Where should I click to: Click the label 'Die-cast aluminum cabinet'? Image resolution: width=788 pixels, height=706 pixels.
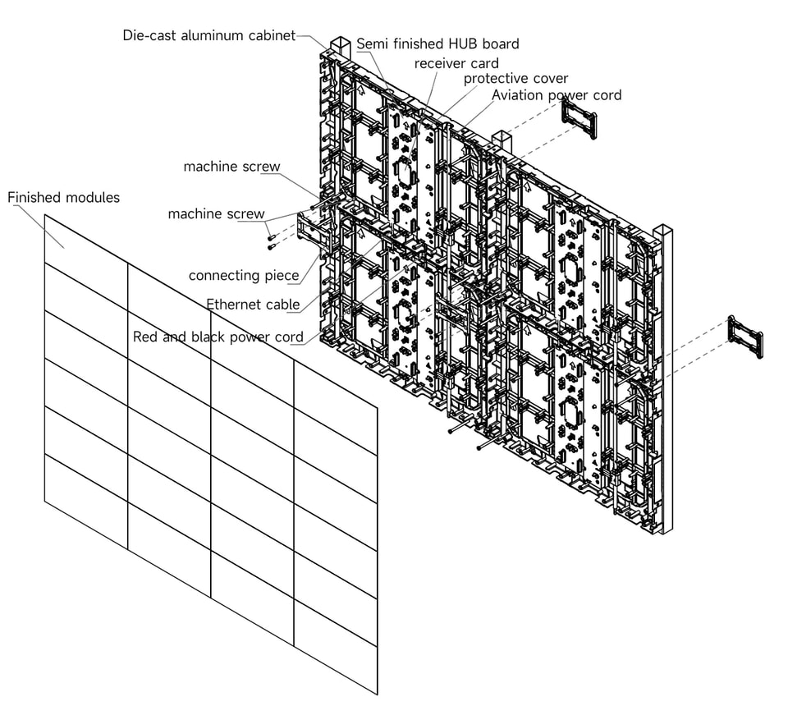(x=209, y=35)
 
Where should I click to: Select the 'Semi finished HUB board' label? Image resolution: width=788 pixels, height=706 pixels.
(x=438, y=44)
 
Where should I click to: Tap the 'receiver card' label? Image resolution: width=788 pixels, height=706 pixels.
(x=456, y=64)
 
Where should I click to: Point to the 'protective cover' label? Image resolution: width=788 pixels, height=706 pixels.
(x=515, y=79)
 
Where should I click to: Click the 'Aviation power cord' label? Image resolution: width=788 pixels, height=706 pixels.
(x=557, y=95)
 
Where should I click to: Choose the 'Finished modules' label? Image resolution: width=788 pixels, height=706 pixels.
(x=64, y=198)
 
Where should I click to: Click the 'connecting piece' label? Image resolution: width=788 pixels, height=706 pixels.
(x=244, y=276)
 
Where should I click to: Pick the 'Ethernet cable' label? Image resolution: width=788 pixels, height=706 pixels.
(x=253, y=305)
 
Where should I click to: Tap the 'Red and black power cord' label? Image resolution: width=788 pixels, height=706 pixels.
(x=218, y=337)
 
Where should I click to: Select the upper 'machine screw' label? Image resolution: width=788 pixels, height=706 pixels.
(x=231, y=167)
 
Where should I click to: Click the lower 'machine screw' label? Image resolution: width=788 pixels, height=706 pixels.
(x=216, y=213)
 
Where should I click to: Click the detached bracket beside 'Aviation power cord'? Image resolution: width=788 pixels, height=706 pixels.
(x=580, y=117)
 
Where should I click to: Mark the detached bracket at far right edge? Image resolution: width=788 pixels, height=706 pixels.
(x=746, y=337)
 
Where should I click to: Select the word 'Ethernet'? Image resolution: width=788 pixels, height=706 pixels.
(x=231, y=305)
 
